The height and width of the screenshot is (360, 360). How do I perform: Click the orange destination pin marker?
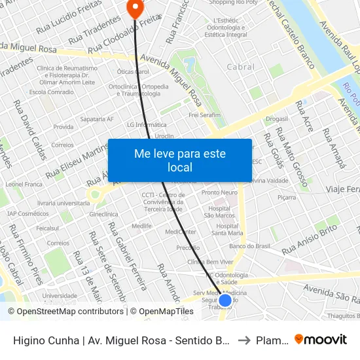point(135,9)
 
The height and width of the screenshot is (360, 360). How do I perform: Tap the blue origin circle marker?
point(225,300)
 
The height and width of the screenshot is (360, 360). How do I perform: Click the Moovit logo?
point(321,340)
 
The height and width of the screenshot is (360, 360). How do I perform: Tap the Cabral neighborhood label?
point(240,67)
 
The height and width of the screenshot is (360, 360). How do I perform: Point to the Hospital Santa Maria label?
point(227,229)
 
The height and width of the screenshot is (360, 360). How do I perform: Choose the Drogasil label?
point(278,118)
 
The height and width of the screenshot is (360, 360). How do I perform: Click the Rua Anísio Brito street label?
point(309,240)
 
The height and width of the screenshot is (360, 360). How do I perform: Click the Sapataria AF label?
point(97,119)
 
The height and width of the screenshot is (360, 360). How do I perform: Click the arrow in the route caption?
point(243,340)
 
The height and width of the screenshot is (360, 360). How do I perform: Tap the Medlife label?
point(141,226)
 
